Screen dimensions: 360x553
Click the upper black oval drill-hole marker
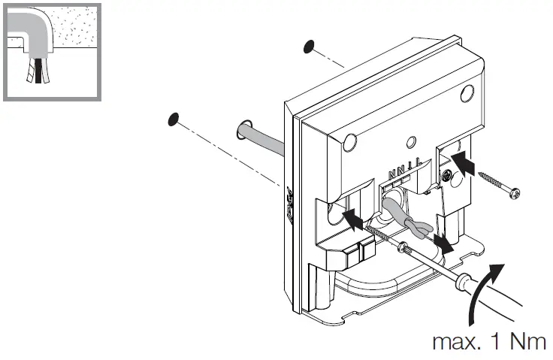(308, 47)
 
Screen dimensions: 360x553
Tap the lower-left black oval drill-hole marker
(174, 119)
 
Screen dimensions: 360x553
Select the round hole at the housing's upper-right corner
(467, 94)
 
